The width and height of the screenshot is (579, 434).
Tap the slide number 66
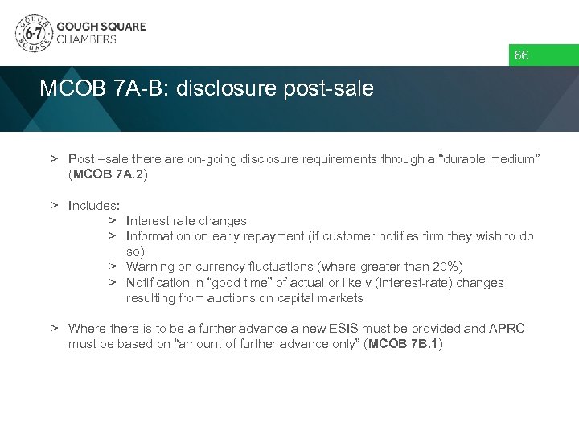click(521, 55)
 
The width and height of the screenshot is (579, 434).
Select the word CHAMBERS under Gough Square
click(86, 39)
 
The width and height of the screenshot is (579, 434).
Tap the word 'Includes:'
click(94, 205)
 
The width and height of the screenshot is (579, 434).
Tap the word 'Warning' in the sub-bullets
click(150, 267)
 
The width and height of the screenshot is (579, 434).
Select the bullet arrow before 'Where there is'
click(55, 328)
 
